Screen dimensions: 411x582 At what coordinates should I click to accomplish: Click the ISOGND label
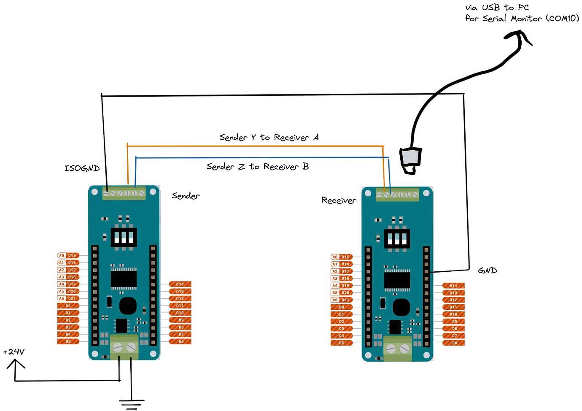point(82,168)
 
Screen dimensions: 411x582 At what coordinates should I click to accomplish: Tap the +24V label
point(14,352)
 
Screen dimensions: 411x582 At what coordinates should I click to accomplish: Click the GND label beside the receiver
point(488,270)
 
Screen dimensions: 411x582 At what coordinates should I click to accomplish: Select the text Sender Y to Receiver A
point(269,138)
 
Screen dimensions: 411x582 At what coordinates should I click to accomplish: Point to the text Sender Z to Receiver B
point(257,167)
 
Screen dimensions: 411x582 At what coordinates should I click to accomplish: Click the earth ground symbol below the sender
point(132,404)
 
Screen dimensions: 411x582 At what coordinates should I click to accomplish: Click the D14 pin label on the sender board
point(180,284)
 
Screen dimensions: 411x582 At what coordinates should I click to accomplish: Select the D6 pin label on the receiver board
point(454,343)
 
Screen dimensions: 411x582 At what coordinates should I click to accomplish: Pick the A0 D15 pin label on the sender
point(68,256)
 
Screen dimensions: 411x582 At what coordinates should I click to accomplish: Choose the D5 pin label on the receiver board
point(342,343)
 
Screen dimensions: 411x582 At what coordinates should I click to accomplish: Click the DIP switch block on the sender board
point(124,237)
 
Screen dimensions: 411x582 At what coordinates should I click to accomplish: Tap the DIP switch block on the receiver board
point(397,239)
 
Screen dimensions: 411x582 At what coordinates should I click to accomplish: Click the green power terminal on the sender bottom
point(124,347)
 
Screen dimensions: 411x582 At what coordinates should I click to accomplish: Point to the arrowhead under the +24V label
point(16,363)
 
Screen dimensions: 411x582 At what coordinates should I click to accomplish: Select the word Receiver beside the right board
point(339,200)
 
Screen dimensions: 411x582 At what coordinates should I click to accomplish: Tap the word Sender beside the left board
point(186,196)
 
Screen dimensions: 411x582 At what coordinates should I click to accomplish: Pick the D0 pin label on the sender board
point(68,306)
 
